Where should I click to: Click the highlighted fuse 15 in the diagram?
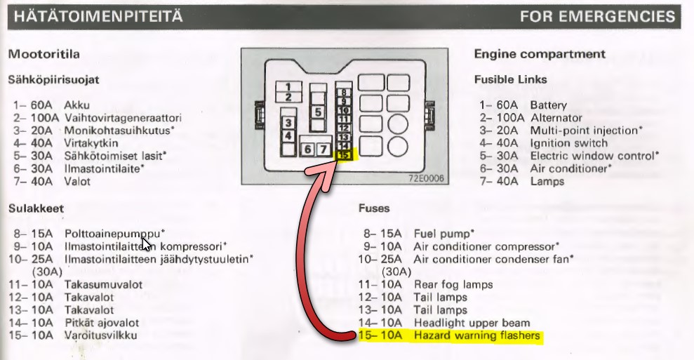[345, 155]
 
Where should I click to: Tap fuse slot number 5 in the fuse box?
[317, 112]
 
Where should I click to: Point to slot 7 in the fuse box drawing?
[322, 149]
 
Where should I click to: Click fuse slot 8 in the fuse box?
[343, 92]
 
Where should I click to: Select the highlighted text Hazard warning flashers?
[476, 336]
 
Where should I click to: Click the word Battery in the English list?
[548, 105]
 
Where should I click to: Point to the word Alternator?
[556, 118]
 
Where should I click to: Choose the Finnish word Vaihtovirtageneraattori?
[123, 118]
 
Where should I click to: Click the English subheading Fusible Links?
[510, 79]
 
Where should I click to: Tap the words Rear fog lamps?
[453, 284]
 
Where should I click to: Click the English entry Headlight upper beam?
[469, 323]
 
